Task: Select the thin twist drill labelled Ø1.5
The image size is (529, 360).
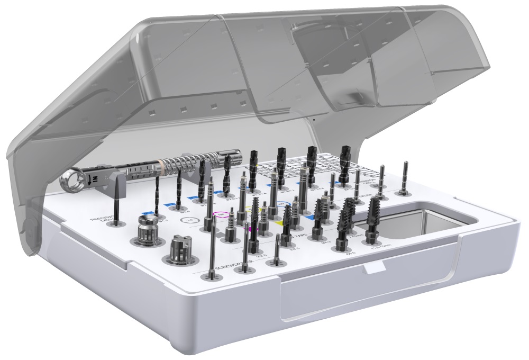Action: (157, 196)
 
